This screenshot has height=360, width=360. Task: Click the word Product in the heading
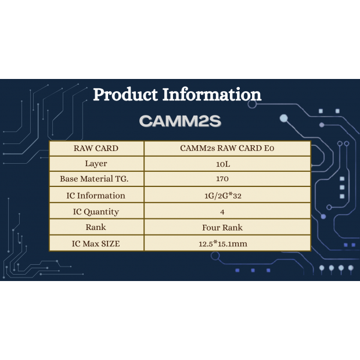(125, 95)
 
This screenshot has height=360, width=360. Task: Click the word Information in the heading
(212, 95)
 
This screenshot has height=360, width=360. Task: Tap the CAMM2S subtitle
(180, 121)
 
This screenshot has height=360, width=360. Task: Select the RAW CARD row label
(96, 148)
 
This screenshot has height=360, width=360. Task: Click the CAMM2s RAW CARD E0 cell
(227, 148)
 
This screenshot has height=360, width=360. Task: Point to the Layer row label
(96, 164)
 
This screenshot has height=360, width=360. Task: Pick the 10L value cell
(223, 164)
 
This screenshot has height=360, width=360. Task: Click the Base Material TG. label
(94, 179)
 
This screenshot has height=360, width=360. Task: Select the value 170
(222, 179)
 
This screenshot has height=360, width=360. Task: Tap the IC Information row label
(96, 196)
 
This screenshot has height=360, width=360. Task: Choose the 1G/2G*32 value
(223, 196)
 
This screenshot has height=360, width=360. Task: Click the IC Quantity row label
(96, 212)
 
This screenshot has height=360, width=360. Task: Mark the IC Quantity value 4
(222, 212)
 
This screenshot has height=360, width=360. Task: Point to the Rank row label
(96, 227)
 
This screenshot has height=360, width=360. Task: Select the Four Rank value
(222, 228)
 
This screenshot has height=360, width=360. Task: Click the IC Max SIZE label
(96, 244)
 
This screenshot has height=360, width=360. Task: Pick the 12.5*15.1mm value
(223, 244)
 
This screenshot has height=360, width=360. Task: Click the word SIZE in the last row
(110, 244)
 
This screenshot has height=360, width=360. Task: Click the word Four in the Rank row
(211, 228)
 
